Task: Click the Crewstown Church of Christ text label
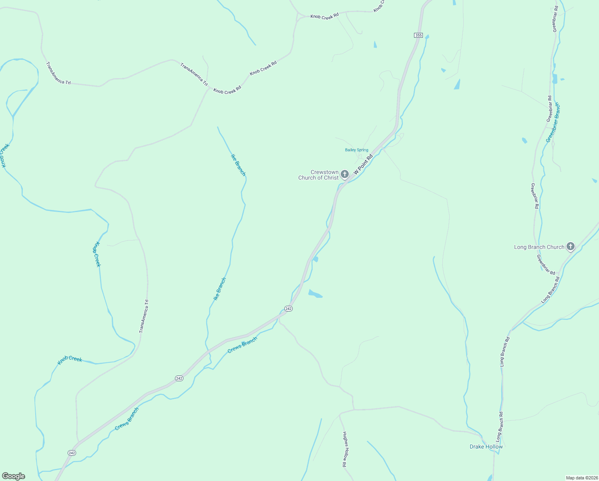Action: coord(318,175)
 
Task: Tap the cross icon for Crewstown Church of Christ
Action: coord(345,174)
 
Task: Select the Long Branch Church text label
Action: coord(539,247)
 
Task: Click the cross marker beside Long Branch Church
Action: coord(571,247)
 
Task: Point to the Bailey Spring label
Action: coord(356,150)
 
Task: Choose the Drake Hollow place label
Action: coord(486,447)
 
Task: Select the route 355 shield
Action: coord(418,35)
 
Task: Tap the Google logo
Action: coord(14,476)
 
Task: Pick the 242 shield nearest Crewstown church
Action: coord(289,308)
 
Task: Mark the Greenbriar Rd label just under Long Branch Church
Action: coord(546,265)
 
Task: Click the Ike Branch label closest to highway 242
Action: coord(219,289)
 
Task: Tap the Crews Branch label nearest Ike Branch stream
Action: coord(242,345)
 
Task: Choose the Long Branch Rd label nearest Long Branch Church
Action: coord(550,290)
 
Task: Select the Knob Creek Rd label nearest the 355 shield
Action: coord(325,16)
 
